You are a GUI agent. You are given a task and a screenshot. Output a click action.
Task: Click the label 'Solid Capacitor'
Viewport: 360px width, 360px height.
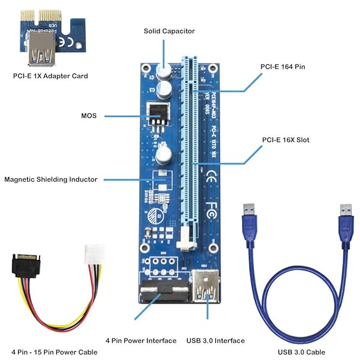[169, 31]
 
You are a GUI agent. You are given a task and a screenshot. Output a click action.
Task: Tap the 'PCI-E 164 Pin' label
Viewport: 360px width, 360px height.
[283, 66]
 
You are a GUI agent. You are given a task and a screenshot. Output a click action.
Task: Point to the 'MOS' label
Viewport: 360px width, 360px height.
[88, 115]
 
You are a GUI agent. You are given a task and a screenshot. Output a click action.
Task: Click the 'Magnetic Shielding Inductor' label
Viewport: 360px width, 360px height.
[50, 179]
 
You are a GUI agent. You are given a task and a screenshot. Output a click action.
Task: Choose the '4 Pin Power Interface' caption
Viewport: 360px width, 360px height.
[141, 341]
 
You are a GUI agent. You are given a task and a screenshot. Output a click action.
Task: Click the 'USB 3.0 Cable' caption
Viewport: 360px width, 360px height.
[302, 352]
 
